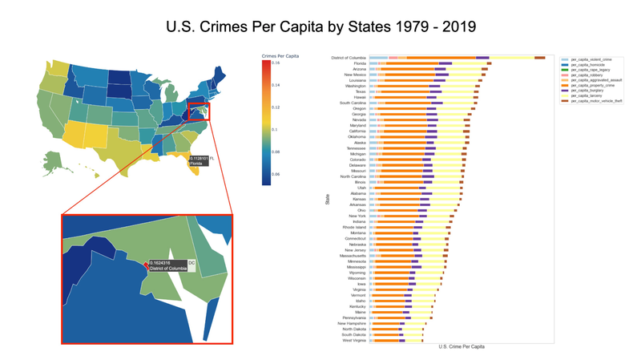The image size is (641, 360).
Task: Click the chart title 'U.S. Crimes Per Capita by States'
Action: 320,26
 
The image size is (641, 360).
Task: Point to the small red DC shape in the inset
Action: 146,264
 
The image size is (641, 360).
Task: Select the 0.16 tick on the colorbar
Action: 275,62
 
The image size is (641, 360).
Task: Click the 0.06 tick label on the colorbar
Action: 275,174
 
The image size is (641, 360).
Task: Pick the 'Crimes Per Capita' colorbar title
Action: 280,55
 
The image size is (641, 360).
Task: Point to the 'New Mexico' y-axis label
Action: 355,75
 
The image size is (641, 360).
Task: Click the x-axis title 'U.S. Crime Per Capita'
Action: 462,347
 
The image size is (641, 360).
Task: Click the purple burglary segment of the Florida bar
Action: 445,63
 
